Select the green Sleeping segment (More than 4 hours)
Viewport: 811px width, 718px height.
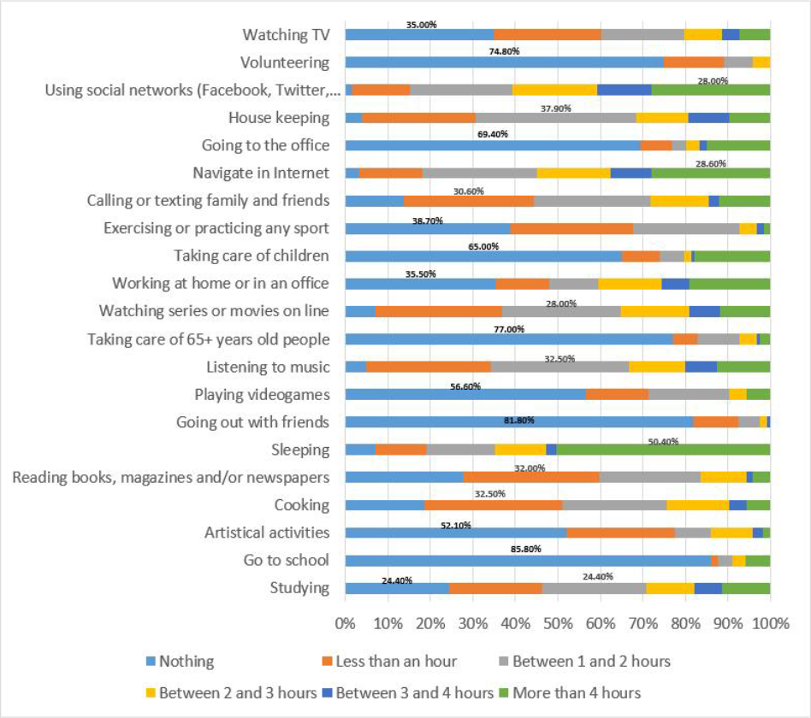(x=663, y=450)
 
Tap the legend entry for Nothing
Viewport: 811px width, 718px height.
(x=186, y=661)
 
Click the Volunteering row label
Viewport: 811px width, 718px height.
(x=285, y=62)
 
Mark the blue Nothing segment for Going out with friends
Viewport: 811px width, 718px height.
(x=518, y=422)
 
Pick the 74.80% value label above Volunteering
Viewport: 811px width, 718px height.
(x=505, y=51)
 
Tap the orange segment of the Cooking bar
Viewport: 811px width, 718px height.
(x=493, y=505)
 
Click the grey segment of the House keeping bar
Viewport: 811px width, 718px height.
(x=555, y=118)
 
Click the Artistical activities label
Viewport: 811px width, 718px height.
(x=267, y=533)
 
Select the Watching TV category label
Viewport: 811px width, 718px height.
(x=286, y=35)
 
